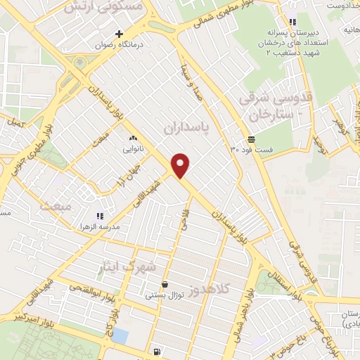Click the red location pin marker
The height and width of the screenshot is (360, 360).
tap(181, 165)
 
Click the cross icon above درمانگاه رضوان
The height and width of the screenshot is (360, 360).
tap(119, 34)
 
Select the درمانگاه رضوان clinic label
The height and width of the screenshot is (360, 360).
tap(119, 44)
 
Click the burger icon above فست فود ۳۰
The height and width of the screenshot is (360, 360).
tap(251, 139)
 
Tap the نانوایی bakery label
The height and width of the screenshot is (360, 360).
tap(133, 148)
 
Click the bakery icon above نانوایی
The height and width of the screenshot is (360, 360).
tap(133, 138)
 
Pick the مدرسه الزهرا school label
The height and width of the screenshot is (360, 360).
tap(99, 227)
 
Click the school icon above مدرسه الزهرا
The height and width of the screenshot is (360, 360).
tap(100, 216)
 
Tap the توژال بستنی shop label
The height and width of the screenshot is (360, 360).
tap(165, 296)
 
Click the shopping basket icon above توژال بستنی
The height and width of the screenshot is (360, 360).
tap(165, 285)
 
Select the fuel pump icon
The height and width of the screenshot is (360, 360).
tap(155, 352)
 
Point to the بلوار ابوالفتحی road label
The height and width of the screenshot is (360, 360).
tap(84, 288)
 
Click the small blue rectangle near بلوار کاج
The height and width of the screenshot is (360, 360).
tap(120, 336)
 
